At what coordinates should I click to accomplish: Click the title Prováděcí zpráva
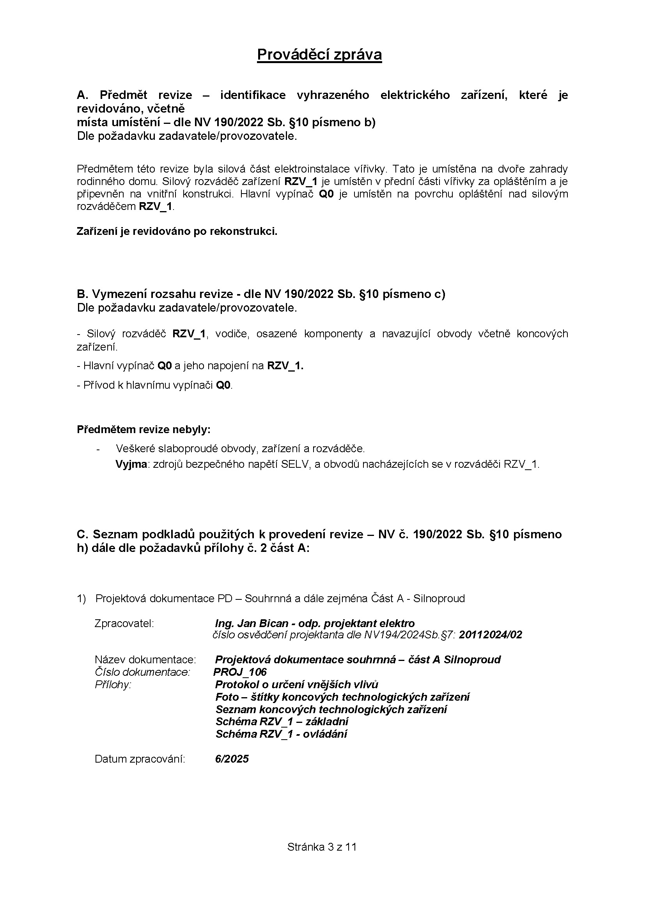(319, 55)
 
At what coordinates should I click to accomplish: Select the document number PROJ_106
(240, 672)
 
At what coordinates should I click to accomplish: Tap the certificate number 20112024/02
(491, 635)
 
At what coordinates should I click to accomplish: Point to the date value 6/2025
(232, 759)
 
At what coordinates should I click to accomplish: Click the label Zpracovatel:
(124, 623)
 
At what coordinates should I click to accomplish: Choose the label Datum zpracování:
(140, 759)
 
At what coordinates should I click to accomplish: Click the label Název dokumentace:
(145, 659)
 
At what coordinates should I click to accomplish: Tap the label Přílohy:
(113, 684)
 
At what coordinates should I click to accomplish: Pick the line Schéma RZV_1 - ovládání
(281, 734)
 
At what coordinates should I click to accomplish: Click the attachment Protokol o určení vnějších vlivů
(297, 684)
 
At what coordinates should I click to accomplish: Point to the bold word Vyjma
(131, 464)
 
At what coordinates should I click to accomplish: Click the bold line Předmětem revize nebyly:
(144, 429)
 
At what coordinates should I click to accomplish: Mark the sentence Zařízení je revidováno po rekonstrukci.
(177, 231)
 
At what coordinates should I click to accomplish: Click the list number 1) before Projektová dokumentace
(82, 598)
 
